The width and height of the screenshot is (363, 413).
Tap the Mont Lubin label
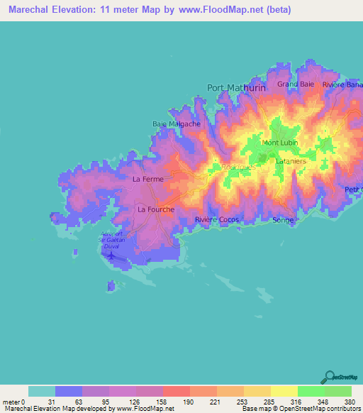[x=279, y=143]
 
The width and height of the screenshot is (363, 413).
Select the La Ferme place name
[x=147, y=180]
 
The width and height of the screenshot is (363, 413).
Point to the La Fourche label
[x=155, y=209]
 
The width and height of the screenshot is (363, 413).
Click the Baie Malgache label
[x=177, y=123]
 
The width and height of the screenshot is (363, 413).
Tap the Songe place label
[x=283, y=220]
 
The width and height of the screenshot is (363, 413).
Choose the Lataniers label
[x=289, y=162]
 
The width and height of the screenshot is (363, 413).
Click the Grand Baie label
[x=296, y=84]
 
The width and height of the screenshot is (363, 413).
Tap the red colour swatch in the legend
[x=176, y=391]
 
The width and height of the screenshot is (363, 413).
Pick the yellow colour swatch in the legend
[x=284, y=391]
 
